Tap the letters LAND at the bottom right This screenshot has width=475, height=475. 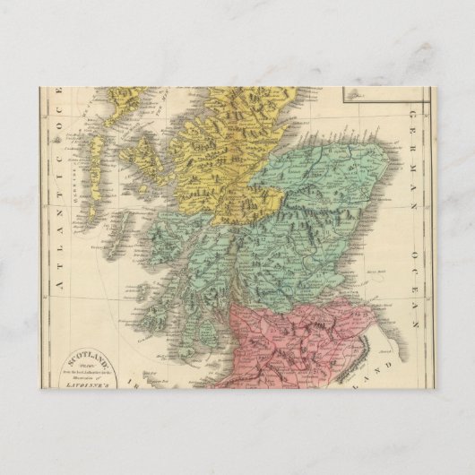click(387, 367)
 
